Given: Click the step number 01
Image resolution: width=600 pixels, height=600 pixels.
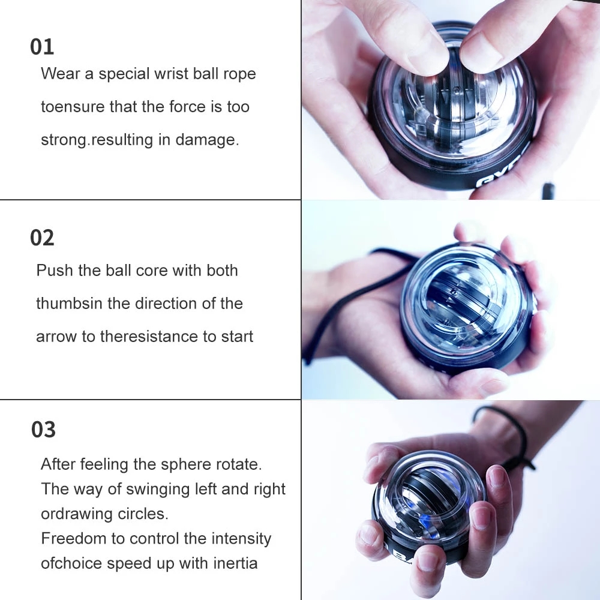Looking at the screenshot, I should (42, 47).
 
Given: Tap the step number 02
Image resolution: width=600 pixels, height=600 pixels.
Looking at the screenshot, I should (42, 238).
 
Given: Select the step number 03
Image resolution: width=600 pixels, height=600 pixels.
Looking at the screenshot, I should (43, 430).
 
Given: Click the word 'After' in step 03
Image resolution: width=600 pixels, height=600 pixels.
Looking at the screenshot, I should (58, 464).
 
